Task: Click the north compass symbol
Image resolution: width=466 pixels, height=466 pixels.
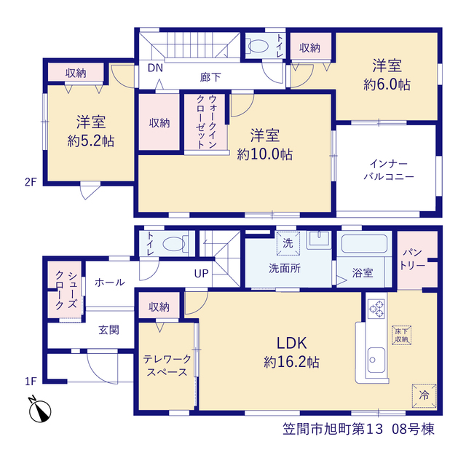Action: pyautogui.click(x=39, y=409)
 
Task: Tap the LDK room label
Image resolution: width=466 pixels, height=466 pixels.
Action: pyautogui.click(x=291, y=343)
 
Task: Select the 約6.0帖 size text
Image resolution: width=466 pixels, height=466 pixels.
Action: pyautogui.click(x=387, y=84)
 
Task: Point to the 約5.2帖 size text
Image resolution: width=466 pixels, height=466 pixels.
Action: pyautogui.click(x=91, y=141)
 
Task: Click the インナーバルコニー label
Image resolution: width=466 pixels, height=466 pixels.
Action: pyautogui.click(x=389, y=170)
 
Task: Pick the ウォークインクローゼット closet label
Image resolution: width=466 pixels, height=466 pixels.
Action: pyautogui.click(x=206, y=122)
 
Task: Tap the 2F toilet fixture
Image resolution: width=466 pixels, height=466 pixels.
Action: pyautogui.click(x=258, y=46)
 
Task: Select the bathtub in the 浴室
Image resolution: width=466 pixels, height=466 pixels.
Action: pyautogui.click(x=364, y=244)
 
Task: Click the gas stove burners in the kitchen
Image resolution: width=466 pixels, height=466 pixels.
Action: pyautogui.click(x=376, y=309)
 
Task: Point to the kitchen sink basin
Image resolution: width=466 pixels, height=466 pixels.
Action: pyautogui.click(x=376, y=360)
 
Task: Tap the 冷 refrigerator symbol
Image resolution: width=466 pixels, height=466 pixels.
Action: pyautogui.click(x=424, y=395)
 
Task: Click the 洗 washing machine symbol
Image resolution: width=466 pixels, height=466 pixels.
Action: pyautogui.click(x=288, y=243)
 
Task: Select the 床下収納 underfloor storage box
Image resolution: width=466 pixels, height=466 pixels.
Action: pyautogui.click(x=401, y=335)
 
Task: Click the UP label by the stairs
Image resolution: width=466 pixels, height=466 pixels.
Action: pyautogui.click(x=201, y=274)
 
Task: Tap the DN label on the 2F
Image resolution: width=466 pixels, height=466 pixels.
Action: pyautogui.click(x=155, y=68)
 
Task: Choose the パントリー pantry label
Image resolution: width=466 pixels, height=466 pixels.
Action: pyautogui.click(x=412, y=259)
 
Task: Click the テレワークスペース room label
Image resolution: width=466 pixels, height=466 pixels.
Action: pyautogui.click(x=167, y=366)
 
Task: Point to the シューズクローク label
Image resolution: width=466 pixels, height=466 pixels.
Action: pyautogui.click(x=66, y=291)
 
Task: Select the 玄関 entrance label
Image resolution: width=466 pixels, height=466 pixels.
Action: pyautogui.click(x=108, y=330)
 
